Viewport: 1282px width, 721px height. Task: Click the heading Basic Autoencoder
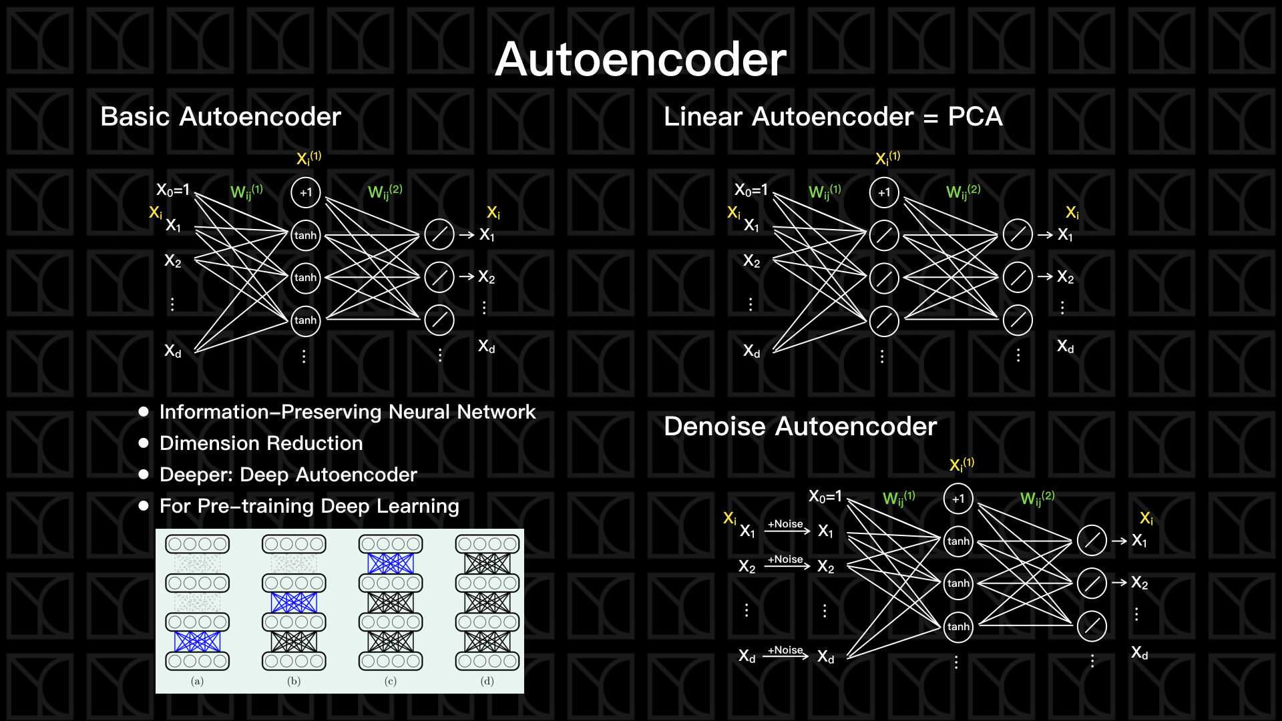pos(220,117)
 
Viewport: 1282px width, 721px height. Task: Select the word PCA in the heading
pos(975,117)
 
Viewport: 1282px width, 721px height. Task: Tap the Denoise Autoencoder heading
pos(800,427)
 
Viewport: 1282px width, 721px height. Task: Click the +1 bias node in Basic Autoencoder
pos(306,192)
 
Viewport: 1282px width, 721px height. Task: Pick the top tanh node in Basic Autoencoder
pos(306,235)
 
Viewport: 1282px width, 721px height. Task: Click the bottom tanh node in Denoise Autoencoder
pos(958,626)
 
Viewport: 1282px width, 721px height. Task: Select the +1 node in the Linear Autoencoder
pos(884,192)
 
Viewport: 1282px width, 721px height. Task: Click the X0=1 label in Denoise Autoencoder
pos(825,497)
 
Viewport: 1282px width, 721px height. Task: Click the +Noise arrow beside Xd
pos(785,652)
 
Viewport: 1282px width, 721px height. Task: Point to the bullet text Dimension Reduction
pos(261,443)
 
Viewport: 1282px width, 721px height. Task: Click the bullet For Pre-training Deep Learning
pos(309,506)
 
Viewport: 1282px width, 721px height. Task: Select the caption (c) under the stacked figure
pos(391,681)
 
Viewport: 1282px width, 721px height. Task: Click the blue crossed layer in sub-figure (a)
pos(197,642)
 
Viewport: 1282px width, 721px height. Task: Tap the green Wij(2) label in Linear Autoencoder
pos(963,192)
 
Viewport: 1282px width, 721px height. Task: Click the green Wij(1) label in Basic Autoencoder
pos(246,192)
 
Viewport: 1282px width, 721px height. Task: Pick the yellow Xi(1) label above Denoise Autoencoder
pos(961,464)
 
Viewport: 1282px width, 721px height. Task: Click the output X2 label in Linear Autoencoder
pos(1066,277)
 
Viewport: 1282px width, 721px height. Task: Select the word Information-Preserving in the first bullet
pos(271,412)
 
